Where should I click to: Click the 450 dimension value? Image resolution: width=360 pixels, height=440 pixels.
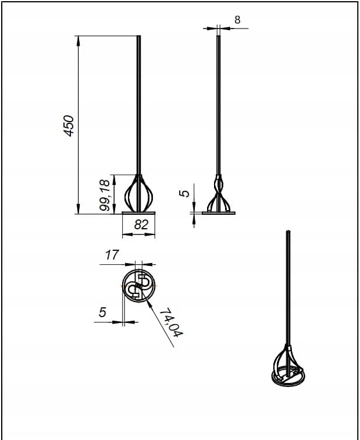pos(69,126)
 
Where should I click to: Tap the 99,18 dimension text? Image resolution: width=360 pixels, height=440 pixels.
pos(105,195)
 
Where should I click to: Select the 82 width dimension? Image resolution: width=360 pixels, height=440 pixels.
pos(141,225)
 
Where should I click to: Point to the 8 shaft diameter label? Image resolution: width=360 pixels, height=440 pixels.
pos(237,20)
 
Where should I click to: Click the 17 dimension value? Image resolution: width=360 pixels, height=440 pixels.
pos(112,255)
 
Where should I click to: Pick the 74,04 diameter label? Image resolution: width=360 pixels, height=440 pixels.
pos(172,322)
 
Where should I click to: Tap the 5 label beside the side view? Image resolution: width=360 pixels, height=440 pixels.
pos(185,194)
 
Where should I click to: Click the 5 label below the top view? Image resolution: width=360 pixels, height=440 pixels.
pos(102,312)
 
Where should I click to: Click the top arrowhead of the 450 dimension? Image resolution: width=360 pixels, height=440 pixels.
pos(79,41)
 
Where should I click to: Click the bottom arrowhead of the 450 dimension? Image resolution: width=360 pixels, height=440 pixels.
pos(79,209)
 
